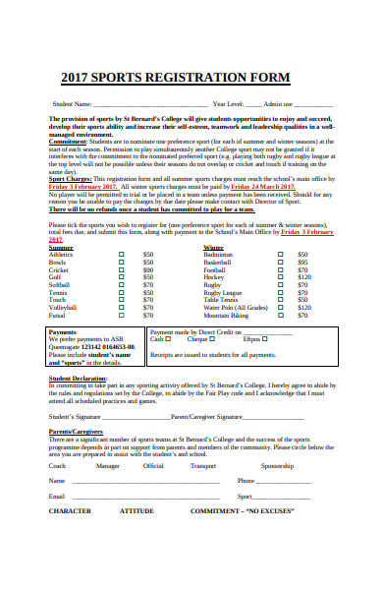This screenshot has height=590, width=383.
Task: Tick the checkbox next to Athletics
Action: pyautogui.click(x=121, y=255)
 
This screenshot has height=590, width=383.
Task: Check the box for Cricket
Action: pyautogui.click(x=121, y=272)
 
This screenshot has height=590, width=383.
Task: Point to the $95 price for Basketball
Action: pyautogui.click(x=302, y=264)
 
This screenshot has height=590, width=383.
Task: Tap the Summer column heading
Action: pyautogui.click(x=61, y=247)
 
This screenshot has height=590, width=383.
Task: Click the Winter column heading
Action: pyautogui.click(x=213, y=247)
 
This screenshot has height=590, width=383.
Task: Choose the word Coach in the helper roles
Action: pyautogui.click(x=58, y=466)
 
